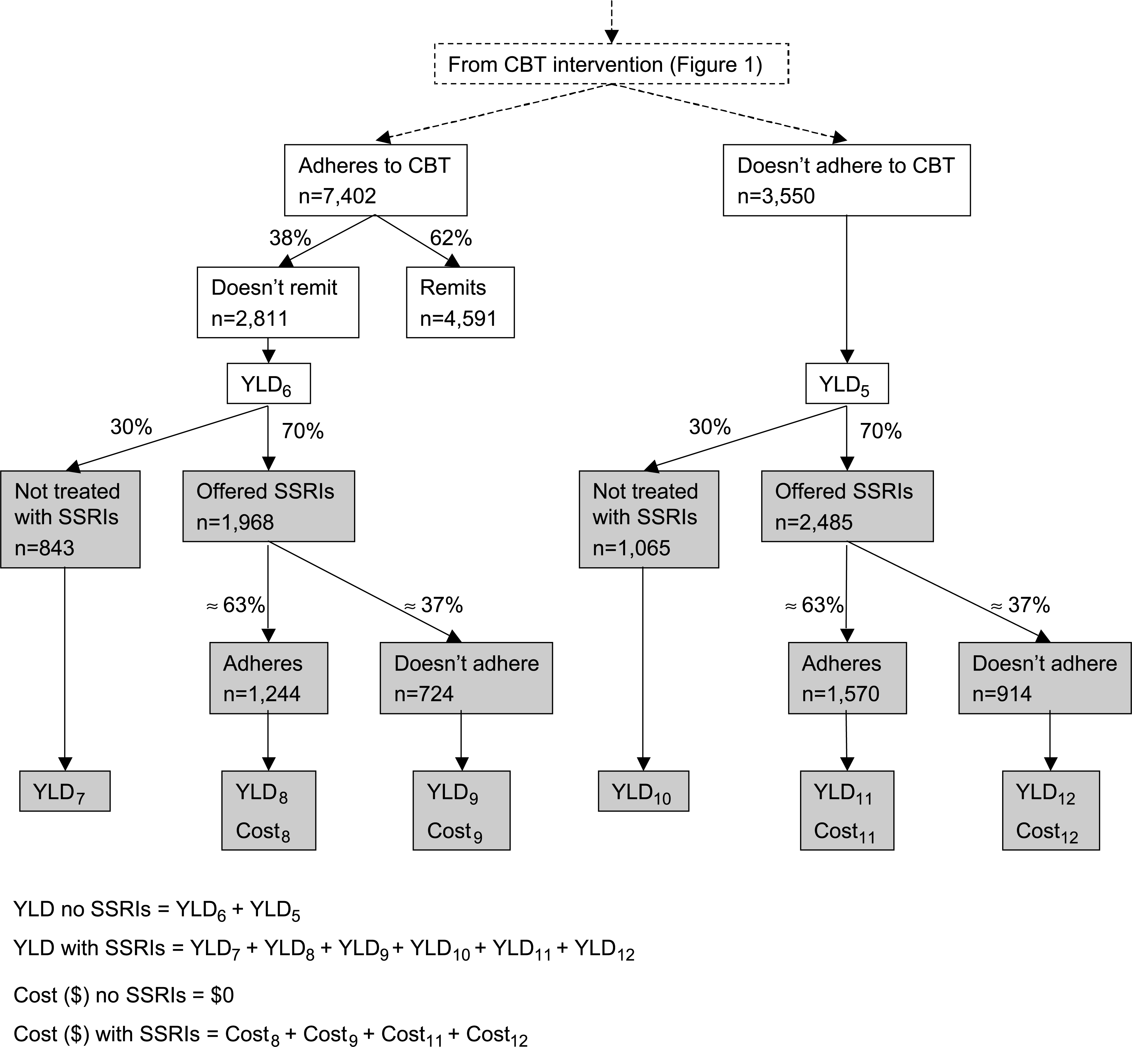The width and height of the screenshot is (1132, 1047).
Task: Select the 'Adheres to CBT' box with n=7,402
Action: click(375, 180)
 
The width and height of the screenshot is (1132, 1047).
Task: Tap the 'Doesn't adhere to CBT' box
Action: click(846, 180)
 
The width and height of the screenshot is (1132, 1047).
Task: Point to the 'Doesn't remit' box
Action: click(278, 303)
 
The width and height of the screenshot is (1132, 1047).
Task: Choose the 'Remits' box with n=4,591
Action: click(460, 303)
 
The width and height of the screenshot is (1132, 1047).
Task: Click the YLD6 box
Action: click(269, 383)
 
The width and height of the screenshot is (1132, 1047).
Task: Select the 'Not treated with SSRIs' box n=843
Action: click(70, 519)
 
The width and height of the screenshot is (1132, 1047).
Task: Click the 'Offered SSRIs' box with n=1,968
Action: click(269, 506)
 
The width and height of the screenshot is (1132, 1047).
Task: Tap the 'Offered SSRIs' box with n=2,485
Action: click(847, 506)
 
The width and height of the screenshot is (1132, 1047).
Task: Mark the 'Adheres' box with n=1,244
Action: click(269, 678)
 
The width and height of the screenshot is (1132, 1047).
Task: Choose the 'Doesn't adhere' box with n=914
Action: click(1045, 678)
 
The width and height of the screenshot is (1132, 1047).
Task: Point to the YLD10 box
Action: click(643, 791)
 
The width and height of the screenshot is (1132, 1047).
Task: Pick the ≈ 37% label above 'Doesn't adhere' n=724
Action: click(433, 606)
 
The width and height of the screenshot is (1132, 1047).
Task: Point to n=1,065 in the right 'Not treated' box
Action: click(631, 548)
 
